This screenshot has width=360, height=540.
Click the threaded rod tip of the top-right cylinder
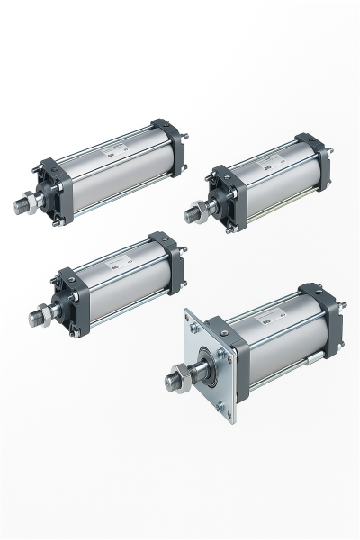[191, 215]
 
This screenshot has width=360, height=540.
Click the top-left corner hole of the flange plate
[191, 318]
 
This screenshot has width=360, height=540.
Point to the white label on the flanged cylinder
[270, 319]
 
